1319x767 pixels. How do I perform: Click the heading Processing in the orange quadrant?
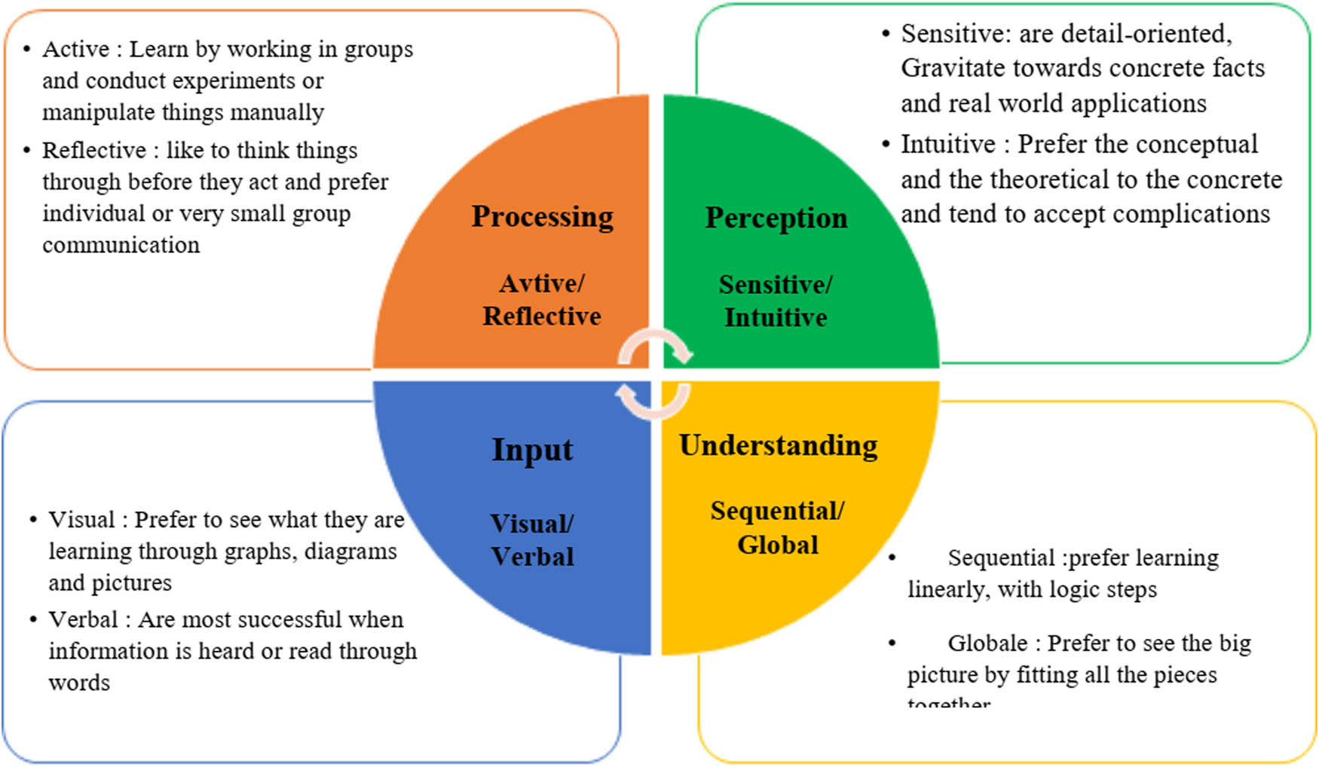[x=542, y=217]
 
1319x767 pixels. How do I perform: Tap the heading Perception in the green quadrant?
[x=776, y=218]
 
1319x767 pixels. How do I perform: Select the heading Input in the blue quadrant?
[x=532, y=450]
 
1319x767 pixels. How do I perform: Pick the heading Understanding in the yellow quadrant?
[x=778, y=445]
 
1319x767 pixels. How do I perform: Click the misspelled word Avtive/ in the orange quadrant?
[x=541, y=283]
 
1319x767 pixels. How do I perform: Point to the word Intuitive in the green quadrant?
[x=776, y=317]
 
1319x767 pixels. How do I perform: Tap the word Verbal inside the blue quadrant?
[x=532, y=557]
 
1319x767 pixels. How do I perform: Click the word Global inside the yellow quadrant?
[x=777, y=545]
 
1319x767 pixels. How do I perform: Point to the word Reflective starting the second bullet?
[x=93, y=150]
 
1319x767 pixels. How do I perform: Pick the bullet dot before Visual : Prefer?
[x=33, y=520]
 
